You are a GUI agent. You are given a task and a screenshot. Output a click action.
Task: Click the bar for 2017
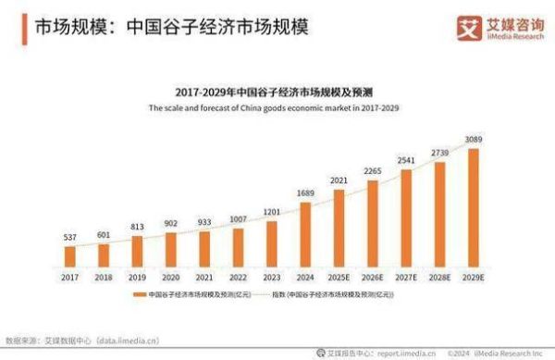coord(70,254)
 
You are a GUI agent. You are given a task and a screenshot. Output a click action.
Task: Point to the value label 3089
coord(474,140)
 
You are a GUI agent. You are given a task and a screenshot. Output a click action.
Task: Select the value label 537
coord(70,237)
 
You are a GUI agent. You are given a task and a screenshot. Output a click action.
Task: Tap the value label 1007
coord(238,219)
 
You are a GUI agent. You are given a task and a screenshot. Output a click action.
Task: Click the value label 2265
coord(373,169)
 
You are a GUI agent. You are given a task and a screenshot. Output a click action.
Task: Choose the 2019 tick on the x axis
coord(137,276)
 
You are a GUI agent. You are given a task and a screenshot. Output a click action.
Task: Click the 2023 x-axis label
coord(271,276)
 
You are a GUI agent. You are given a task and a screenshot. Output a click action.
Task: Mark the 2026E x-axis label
coord(373,276)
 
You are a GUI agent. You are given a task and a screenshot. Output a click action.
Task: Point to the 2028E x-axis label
coord(440,276)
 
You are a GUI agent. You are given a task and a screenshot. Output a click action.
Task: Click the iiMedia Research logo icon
coord(467,28)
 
